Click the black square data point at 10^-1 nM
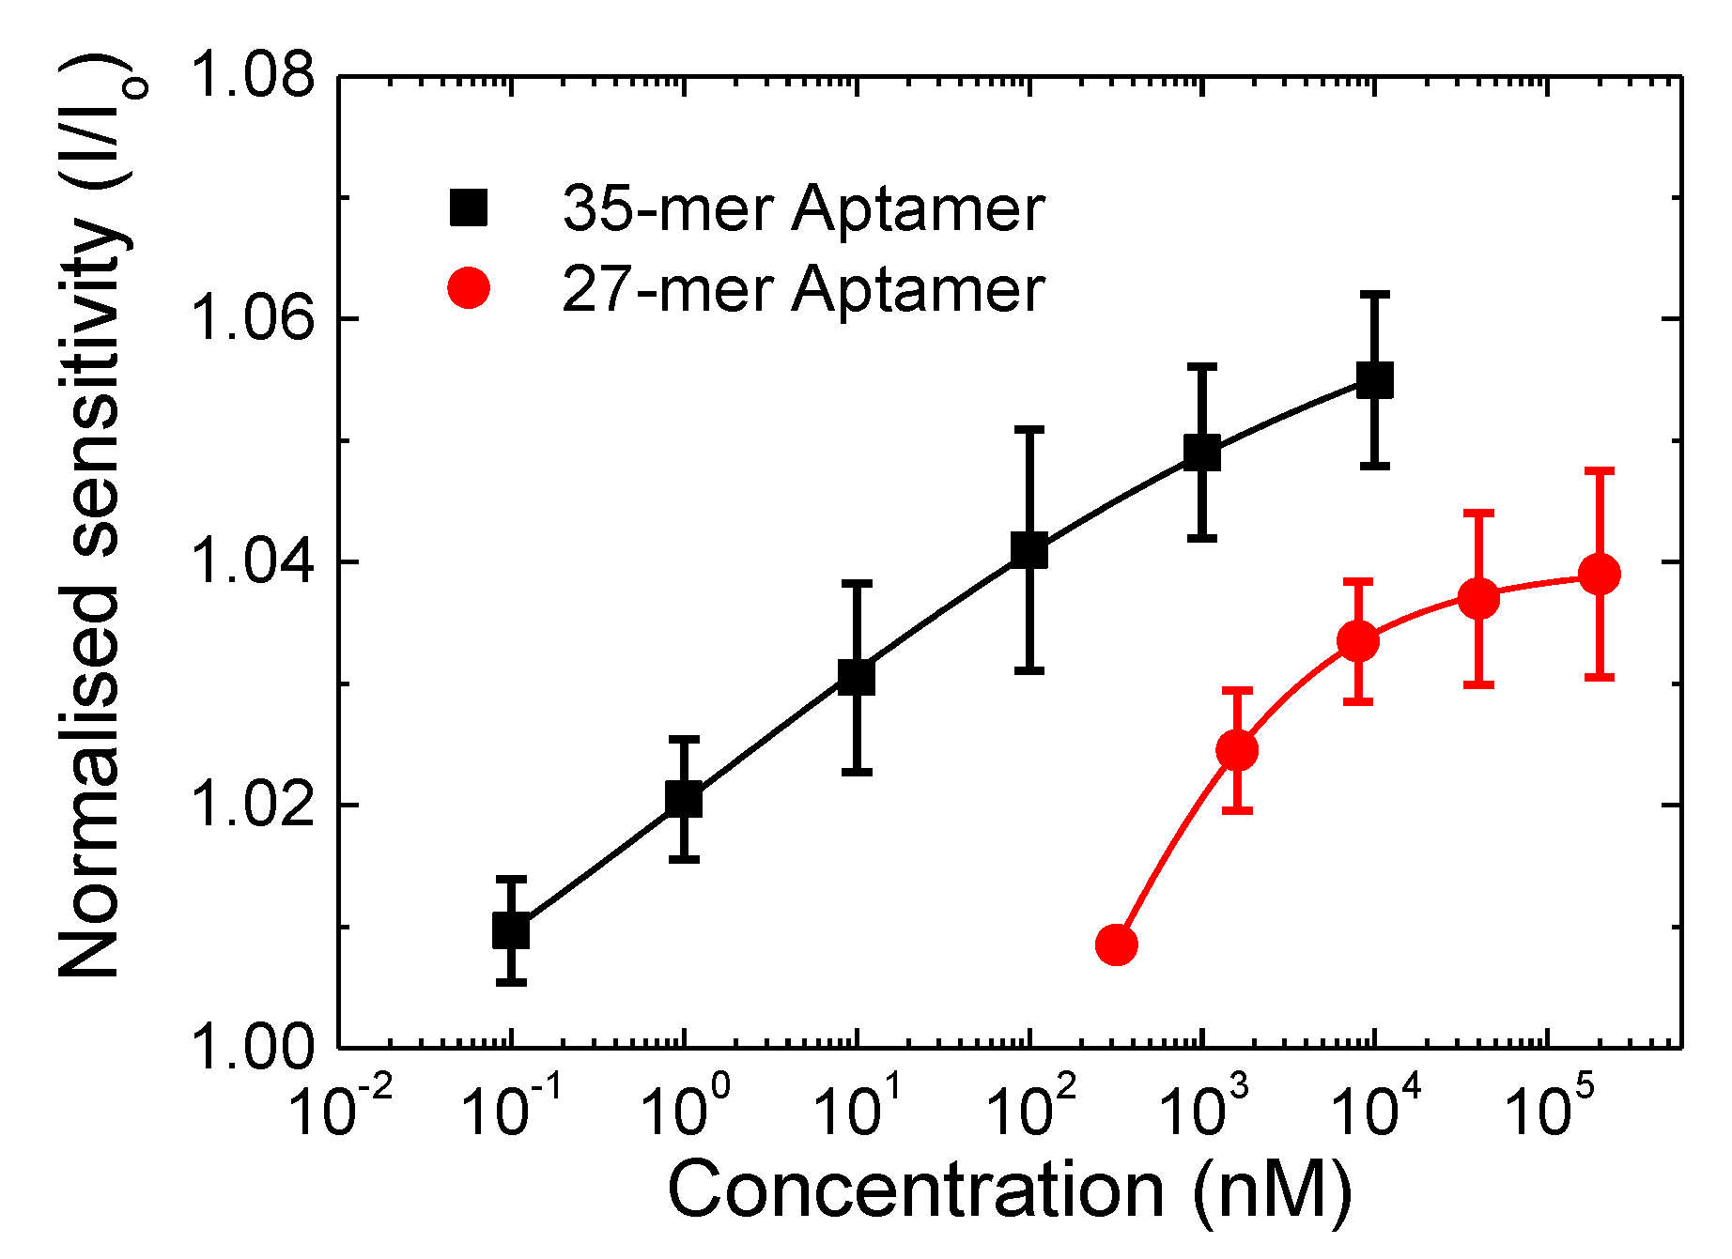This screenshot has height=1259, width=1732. click(511, 930)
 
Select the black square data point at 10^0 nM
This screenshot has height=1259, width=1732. click(684, 799)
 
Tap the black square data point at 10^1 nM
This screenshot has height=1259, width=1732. click(857, 676)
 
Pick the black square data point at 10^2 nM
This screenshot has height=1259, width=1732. click(1029, 550)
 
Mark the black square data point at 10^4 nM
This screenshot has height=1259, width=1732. click(1375, 380)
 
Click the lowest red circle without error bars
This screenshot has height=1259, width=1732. click(1116, 944)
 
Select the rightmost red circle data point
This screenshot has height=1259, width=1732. click(1600, 574)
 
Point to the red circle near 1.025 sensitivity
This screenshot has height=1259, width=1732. click(1237, 750)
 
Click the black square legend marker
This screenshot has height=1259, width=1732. click(469, 207)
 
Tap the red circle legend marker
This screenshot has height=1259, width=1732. click(469, 287)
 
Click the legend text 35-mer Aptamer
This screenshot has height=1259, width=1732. click(803, 207)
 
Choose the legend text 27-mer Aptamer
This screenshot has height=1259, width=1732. click(803, 288)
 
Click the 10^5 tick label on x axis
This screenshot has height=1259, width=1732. click(1550, 1110)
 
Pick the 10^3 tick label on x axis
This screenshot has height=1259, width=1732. click(1205, 1110)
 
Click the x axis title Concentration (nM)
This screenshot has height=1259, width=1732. click(1010, 1190)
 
